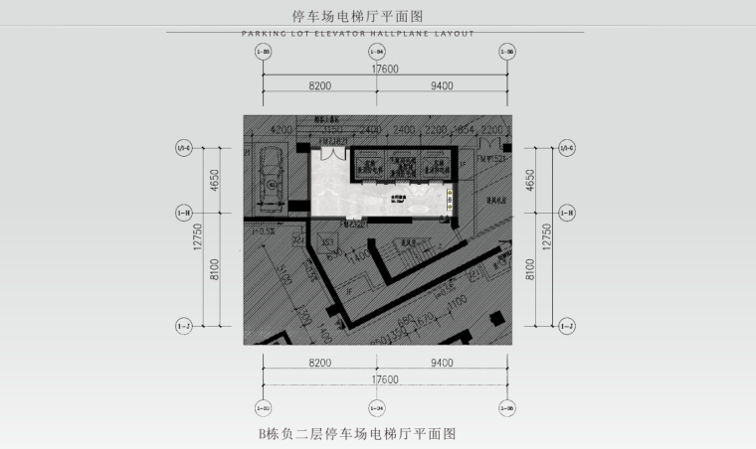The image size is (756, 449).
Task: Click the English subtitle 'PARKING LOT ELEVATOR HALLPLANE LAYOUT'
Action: click(x=358, y=33)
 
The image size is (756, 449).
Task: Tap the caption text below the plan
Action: click(x=356, y=434)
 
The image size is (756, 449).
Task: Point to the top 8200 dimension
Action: click(x=319, y=87)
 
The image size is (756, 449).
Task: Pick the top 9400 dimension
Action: click(x=442, y=87)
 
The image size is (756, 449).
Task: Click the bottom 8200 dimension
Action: click(x=319, y=364)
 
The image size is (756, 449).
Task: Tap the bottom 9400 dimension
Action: click(x=442, y=364)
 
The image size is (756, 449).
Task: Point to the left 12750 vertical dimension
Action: click(x=199, y=236)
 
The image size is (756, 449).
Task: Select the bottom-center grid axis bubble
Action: click(x=376, y=407)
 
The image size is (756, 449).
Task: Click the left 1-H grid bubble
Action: click(x=183, y=212)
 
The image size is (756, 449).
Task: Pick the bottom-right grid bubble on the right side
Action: click(x=567, y=326)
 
